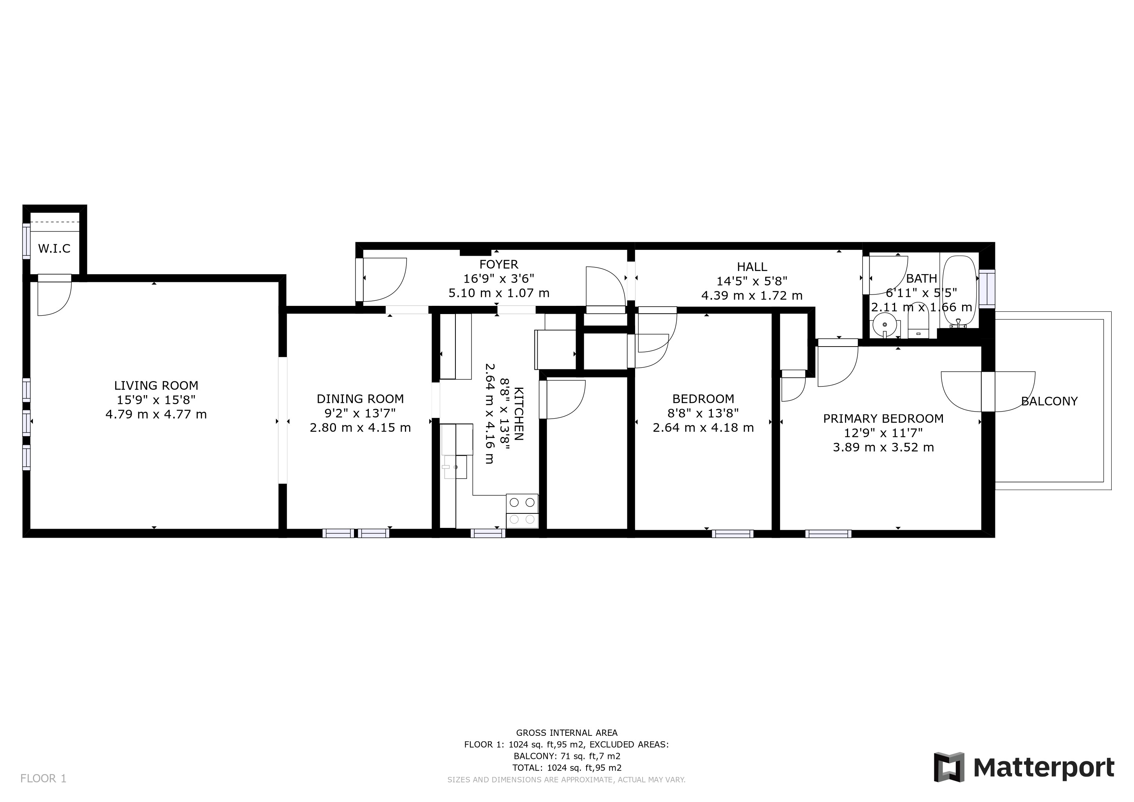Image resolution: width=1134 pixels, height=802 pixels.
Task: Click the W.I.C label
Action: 54,248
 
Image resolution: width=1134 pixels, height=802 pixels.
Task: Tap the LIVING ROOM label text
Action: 156,386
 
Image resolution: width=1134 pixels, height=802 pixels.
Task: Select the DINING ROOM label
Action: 360,399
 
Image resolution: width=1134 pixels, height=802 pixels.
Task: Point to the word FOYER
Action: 499,264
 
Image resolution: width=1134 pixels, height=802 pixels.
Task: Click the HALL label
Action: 752,267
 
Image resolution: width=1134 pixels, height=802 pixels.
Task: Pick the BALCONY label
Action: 1049,401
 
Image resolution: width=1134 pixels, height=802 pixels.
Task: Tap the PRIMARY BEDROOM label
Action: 883,419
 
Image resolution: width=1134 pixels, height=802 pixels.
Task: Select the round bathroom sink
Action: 884,325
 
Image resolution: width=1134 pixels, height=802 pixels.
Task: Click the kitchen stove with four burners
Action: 522,511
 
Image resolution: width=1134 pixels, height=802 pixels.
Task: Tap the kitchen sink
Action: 455,467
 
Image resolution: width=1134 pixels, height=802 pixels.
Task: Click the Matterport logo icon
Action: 949,767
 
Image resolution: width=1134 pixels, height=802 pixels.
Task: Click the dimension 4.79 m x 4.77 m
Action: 156,414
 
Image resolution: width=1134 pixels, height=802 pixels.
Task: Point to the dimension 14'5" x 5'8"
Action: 752,281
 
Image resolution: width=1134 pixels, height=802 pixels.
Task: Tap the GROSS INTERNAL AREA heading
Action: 567,733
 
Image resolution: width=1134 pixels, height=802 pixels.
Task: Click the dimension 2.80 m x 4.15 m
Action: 360,428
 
